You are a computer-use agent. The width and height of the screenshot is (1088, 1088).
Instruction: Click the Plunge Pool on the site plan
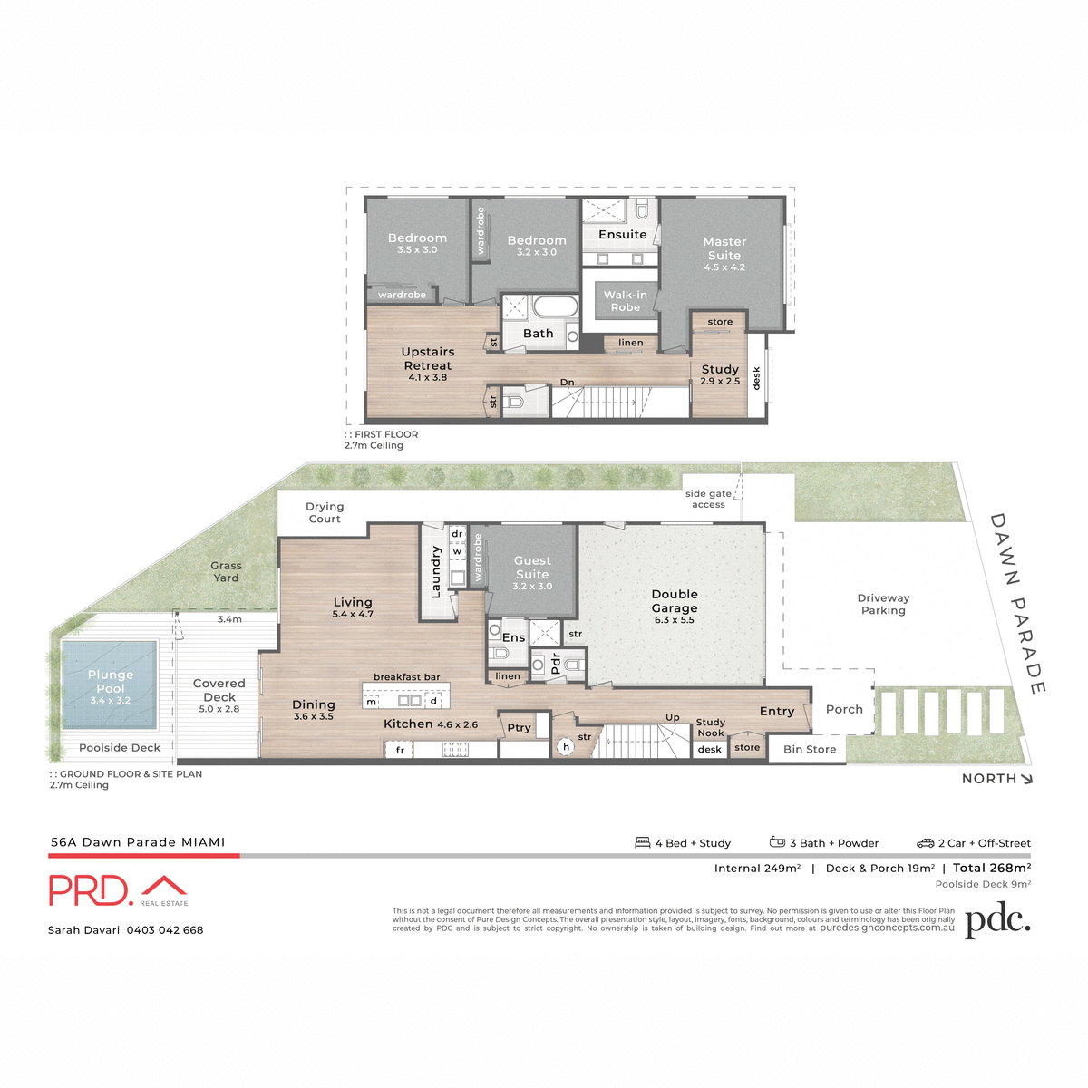tap(110, 685)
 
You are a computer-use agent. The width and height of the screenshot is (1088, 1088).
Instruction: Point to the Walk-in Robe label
tap(626, 301)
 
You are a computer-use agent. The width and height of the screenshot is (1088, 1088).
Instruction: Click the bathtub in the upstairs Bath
tap(554, 306)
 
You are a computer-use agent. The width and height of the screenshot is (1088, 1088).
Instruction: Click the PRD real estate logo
tap(118, 890)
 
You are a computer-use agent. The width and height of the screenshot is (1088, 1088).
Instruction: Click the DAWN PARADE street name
tap(1017, 603)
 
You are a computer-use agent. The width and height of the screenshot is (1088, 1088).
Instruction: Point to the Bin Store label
tap(810, 750)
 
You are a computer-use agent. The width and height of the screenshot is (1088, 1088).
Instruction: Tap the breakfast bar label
tap(406, 677)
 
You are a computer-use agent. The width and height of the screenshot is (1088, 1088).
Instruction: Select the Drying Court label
tap(325, 512)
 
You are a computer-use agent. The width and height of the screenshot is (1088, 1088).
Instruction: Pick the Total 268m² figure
tap(992, 868)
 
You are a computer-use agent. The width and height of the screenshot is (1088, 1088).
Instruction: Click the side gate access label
tap(708, 499)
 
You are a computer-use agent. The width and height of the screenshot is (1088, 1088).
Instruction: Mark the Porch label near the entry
tap(844, 710)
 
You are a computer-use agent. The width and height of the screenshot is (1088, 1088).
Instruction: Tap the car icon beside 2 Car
tap(925, 843)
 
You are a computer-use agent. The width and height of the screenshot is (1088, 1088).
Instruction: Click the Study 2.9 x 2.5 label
tap(720, 374)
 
